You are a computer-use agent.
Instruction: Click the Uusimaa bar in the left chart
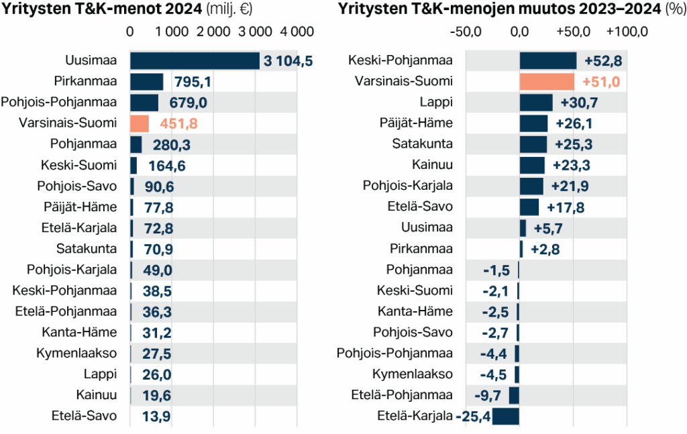194,61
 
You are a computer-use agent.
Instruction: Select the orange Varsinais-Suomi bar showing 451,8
139,123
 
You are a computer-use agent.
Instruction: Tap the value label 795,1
193,82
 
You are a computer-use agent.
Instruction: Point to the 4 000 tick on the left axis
297,32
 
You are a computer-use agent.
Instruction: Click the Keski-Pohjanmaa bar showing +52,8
547,61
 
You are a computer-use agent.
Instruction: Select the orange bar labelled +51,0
547,82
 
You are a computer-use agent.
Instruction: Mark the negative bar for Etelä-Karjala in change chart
506,416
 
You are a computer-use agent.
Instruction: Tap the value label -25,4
474,417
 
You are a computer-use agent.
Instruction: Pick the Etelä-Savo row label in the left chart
84,415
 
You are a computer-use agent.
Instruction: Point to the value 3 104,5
288,61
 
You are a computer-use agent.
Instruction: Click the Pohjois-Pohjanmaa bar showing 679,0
144,103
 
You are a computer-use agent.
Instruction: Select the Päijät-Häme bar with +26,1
533,123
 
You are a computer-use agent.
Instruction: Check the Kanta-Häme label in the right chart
415,311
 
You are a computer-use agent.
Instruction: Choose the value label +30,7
579,103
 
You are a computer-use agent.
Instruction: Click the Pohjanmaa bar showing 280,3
136,144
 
